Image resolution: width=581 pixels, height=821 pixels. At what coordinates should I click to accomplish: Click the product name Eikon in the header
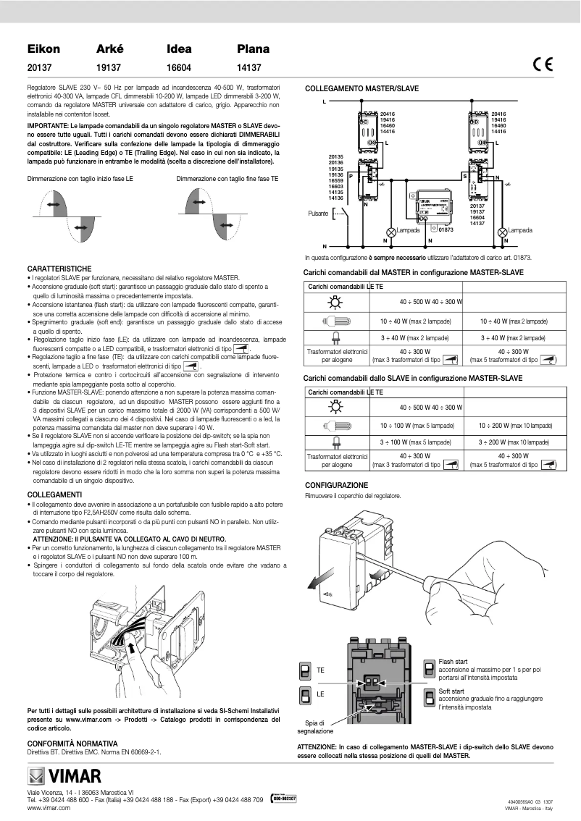click(43, 49)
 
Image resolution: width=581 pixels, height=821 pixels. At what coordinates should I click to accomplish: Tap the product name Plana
click(253, 49)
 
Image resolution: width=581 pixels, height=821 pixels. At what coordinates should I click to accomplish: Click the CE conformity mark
click(542, 64)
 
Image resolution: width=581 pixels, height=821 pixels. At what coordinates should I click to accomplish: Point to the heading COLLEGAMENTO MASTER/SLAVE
click(361, 88)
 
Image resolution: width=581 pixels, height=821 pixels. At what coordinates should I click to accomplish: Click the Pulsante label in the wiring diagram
click(317, 214)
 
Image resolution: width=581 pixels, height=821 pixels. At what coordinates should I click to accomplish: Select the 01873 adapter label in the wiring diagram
click(446, 230)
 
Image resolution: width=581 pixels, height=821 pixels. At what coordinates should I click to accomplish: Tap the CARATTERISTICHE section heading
click(59, 268)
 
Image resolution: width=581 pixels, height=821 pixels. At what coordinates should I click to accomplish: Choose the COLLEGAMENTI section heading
click(54, 494)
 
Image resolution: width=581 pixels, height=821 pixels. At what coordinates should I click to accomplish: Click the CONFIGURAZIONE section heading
click(336, 485)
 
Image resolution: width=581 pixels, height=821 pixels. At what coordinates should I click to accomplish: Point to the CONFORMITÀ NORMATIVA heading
click(72, 744)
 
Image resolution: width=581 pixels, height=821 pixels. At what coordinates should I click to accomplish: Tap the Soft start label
click(452, 691)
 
